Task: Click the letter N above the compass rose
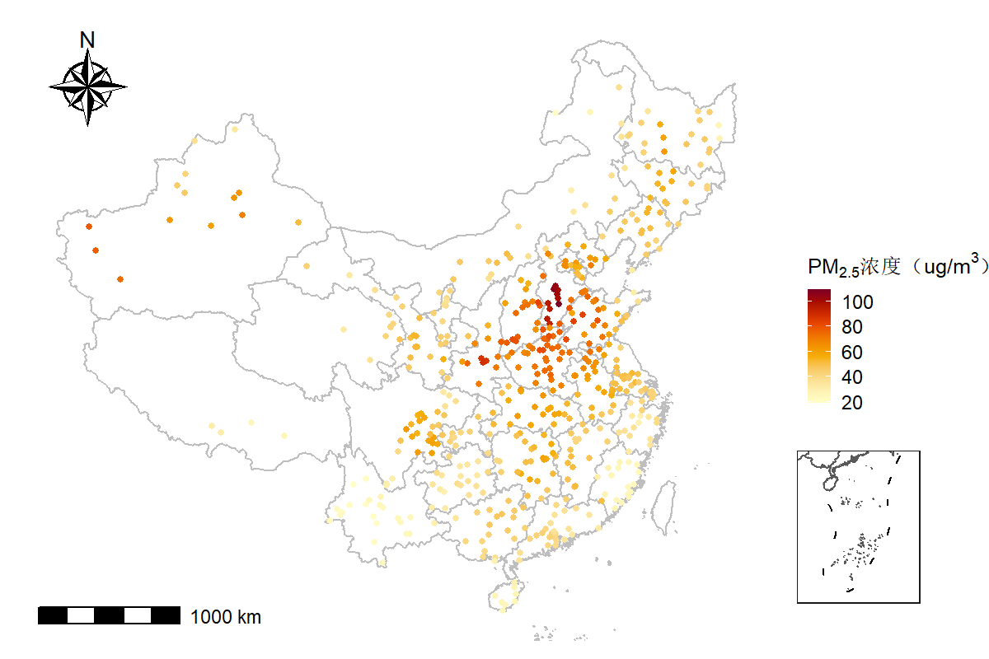87,39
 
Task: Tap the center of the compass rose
87,86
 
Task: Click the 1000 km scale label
226,616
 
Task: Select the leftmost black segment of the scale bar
52,615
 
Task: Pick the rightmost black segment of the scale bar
166,615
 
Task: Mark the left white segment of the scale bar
81,615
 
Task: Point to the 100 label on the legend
857,302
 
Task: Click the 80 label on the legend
852,327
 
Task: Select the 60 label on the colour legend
852,353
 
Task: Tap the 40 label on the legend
852,377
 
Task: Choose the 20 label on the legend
852,403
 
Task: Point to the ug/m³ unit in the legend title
948,265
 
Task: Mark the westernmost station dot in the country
89,227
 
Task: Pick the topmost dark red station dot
555,287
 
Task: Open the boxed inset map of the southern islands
858,527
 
